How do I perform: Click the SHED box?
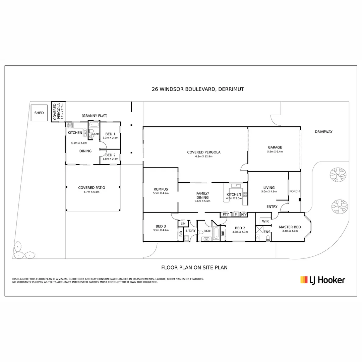[x=39, y=113]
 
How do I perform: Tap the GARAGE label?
[x=275, y=147]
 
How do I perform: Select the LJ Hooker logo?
[x=322, y=280]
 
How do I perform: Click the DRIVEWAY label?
[x=323, y=132]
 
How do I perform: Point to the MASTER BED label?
[x=290, y=227]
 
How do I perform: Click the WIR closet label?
[x=265, y=221]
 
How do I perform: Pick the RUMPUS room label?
[x=161, y=189]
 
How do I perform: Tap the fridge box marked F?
[x=236, y=214]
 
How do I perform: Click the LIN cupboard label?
[x=183, y=224]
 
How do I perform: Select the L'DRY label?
[x=191, y=231]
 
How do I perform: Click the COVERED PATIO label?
[x=92, y=188]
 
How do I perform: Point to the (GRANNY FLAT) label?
[x=95, y=116]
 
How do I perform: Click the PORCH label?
[x=295, y=191]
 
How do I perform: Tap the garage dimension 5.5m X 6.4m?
[x=275, y=152]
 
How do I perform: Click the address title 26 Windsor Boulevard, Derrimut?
[x=198, y=89]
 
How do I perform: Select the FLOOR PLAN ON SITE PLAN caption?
[x=194, y=267]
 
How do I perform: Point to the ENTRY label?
[x=272, y=206]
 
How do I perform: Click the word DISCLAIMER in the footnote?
[x=20, y=279]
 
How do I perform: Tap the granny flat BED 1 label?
[x=110, y=134]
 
